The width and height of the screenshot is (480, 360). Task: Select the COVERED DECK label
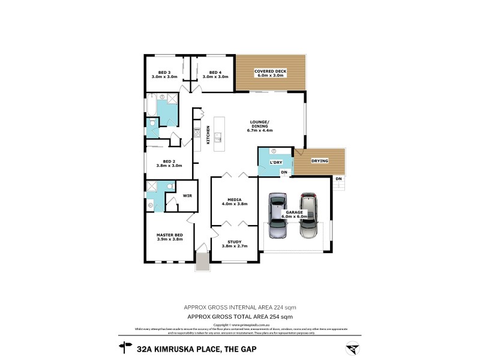click(271, 71)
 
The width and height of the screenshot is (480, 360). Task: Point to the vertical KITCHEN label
click(208, 135)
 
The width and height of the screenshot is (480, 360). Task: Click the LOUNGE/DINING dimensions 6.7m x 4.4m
click(260, 130)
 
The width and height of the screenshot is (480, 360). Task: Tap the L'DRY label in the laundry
click(276, 163)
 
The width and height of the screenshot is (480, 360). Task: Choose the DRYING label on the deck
click(319, 161)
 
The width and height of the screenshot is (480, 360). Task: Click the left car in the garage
click(278, 217)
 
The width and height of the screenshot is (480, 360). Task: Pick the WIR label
click(187, 195)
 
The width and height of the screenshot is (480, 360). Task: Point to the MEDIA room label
click(233, 199)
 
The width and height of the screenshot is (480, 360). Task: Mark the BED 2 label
click(169, 161)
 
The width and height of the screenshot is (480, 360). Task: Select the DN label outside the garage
click(338, 179)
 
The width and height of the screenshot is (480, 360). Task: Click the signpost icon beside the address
click(126, 345)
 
